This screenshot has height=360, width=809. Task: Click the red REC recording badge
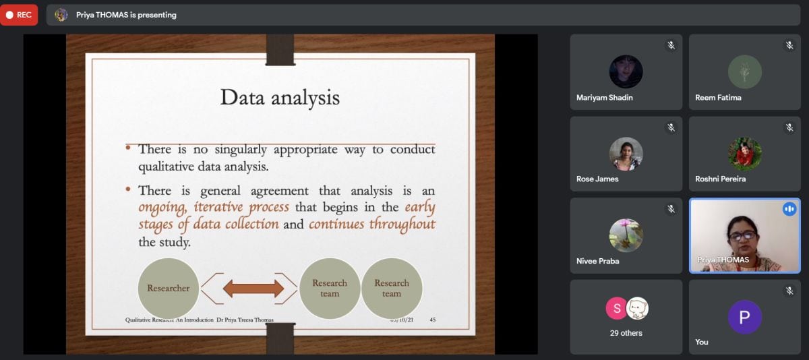19,15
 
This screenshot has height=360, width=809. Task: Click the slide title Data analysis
280,98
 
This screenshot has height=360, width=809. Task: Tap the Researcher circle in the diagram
169,288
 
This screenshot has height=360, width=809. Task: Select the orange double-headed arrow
253,289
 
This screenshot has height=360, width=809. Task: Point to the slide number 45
433,320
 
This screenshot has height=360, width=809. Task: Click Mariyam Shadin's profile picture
626,71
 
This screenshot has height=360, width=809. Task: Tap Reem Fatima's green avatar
745,71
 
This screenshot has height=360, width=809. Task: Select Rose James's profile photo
626,154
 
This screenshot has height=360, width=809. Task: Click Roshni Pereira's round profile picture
745,154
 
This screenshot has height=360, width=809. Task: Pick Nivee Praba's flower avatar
626,235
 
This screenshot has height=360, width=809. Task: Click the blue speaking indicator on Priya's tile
789,209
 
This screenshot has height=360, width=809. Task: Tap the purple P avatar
745,317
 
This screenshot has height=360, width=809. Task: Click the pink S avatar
616,308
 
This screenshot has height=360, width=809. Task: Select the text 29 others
626,333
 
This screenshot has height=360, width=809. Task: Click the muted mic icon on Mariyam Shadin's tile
671,45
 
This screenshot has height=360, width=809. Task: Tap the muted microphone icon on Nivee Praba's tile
671,209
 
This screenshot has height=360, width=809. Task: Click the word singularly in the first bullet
241,150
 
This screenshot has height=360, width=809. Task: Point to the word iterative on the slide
218,207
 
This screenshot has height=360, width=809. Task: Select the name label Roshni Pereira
720,179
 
